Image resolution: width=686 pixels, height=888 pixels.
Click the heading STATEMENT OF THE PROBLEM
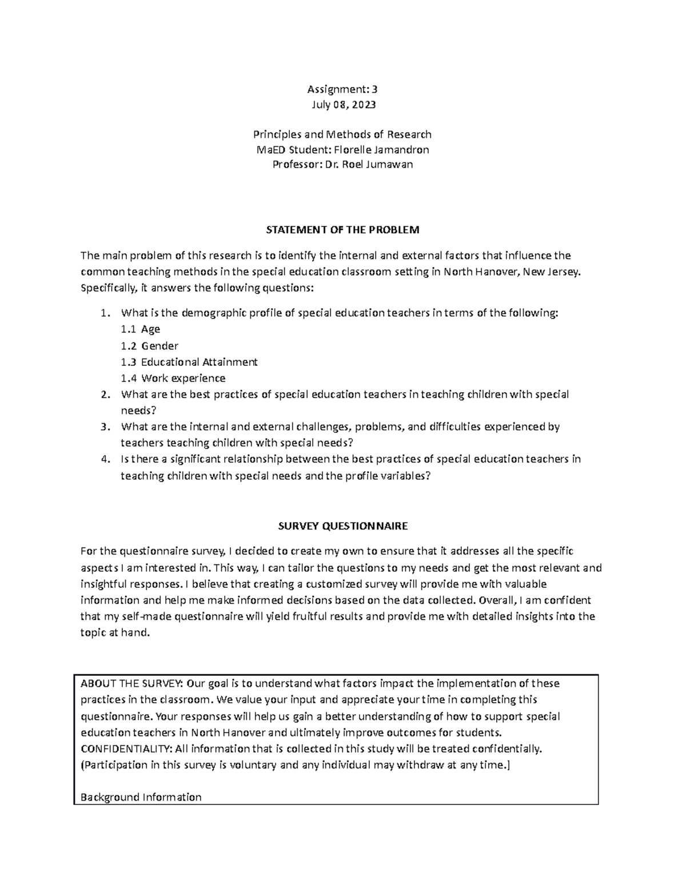(342, 230)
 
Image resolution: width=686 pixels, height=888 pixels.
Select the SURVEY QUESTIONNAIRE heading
(342, 525)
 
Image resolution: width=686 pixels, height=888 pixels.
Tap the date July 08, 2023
(343, 105)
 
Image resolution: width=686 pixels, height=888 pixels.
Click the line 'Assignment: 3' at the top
(342, 89)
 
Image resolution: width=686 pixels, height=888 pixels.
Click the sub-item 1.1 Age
(140, 329)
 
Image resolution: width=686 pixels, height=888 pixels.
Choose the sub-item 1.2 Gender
(149, 345)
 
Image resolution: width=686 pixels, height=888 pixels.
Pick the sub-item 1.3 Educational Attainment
(189, 362)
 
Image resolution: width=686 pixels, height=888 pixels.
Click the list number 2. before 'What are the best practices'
(104, 395)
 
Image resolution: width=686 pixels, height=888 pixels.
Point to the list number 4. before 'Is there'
(104, 459)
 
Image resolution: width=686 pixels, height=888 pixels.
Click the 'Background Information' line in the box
(141, 797)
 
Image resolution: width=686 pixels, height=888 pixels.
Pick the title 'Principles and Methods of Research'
(342, 135)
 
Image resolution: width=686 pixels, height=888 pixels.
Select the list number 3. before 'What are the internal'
(104, 427)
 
